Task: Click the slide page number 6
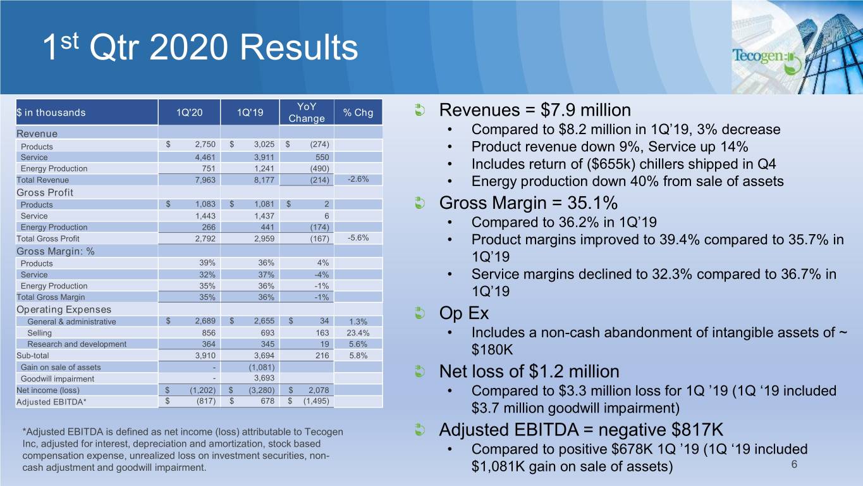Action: [x=794, y=465]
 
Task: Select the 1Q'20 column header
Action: [x=190, y=113]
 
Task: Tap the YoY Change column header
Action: [x=306, y=113]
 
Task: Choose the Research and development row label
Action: [x=77, y=344]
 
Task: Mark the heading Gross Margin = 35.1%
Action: [x=528, y=204]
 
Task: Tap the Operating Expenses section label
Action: [x=55, y=309]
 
